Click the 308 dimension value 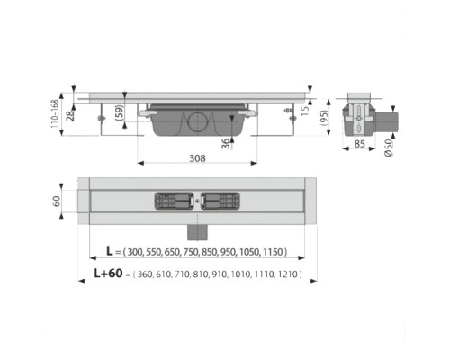pyautogui.click(x=198, y=158)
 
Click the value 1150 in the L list pyautogui.click(x=285, y=254)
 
